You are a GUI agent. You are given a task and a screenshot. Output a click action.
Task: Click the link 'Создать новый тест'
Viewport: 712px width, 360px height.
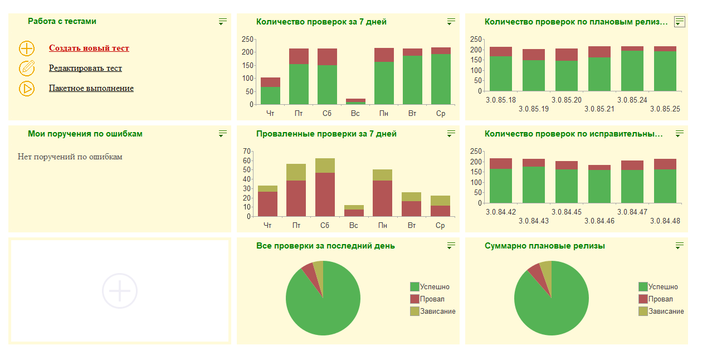tap(89, 48)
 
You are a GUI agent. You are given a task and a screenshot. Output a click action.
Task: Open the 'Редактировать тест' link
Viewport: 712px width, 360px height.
tap(85, 69)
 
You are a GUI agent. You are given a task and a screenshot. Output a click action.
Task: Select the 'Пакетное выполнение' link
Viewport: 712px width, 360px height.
tap(91, 89)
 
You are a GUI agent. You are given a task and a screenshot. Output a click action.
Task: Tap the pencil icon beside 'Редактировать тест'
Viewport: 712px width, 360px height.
tap(27, 68)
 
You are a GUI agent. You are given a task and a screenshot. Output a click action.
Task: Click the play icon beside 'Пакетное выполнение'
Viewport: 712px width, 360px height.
tap(27, 89)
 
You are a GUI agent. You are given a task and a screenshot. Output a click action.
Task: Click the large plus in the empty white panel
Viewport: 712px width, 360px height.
tap(120, 291)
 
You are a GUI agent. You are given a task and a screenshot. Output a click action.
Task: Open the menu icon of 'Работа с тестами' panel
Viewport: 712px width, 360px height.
tap(223, 22)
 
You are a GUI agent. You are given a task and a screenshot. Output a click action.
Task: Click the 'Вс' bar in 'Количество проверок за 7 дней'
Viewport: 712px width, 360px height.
tap(355, 101)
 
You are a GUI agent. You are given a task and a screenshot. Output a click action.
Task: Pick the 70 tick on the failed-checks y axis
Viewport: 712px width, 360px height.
tap(247, 151)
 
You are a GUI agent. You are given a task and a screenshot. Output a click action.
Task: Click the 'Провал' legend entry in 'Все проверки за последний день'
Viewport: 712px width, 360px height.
tap(432, 299)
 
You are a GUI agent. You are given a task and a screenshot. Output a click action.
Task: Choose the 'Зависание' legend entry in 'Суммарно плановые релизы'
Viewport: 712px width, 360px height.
tap(666, 312)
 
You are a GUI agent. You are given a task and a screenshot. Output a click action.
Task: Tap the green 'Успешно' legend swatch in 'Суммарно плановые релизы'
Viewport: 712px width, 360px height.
tap(643, 287)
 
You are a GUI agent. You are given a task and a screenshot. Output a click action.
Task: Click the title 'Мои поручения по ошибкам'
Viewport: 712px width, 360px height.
tap(85, 134)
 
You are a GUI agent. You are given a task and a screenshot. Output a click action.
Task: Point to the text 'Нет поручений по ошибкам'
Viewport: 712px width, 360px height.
tap(70, 157)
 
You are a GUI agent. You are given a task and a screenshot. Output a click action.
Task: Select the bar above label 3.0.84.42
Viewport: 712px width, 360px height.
tap(500, 181)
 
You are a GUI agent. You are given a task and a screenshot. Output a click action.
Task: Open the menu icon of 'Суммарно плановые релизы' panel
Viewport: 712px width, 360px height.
tap(679, 246)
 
